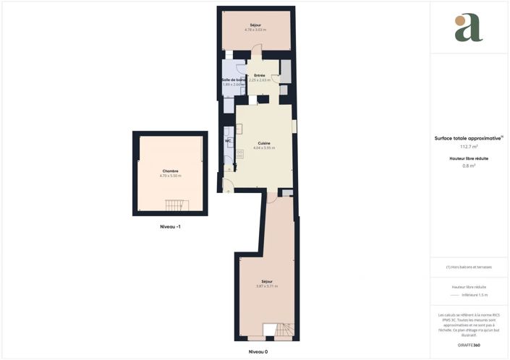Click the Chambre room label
tap(170, 171)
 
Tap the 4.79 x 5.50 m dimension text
tap(170, 176)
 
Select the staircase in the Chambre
tap(176, 206)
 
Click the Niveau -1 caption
tap(170, 226)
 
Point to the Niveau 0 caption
tap(258, 351)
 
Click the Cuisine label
tap(264, 143)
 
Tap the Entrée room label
tap(259, 75)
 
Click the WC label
tap(227, 140)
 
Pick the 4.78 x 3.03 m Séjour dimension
tap(255, 30)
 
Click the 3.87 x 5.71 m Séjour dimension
tap(266, 286)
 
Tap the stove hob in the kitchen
tap(239, 154)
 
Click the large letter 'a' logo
tap(468, 28)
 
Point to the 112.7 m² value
tap(469, 146)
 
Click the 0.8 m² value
tap(469, 166)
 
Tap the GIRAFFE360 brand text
tap(469, 345)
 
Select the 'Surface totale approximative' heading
tap(467, 138)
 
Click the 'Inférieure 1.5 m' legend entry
tap(475, 295)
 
